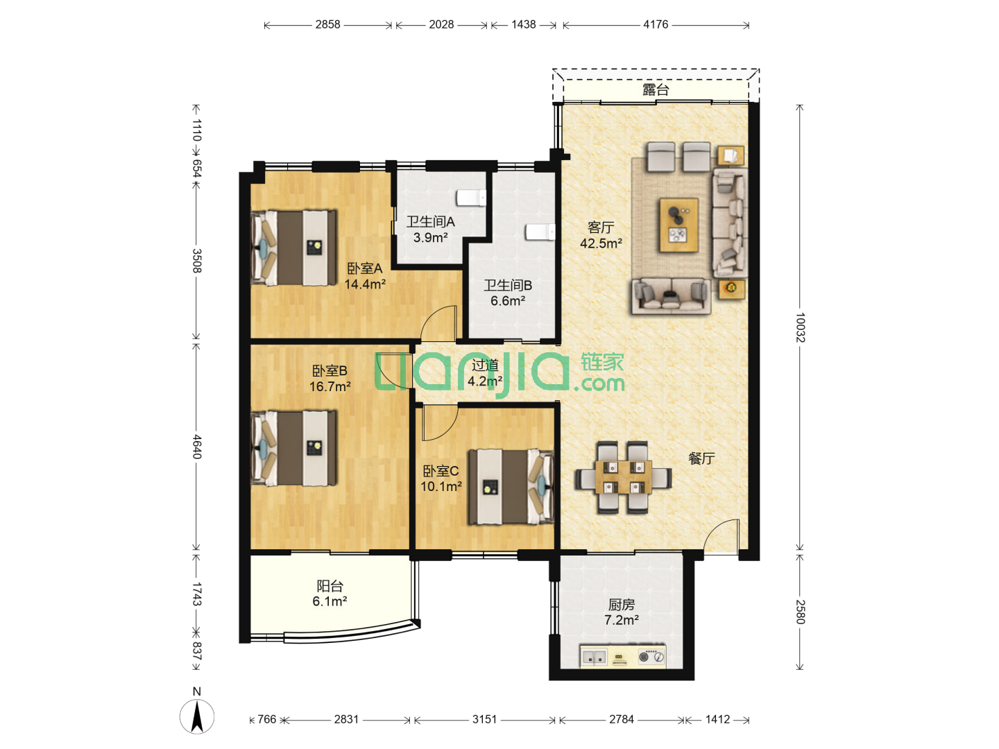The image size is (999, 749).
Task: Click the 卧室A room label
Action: tap(364, 268)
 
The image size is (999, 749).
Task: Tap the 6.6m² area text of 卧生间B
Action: tap(507, 300)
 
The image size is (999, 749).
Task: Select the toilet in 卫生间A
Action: tap(471, 198)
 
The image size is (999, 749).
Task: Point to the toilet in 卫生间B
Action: tap(540, 232)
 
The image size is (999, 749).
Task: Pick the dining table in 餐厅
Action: tap(623, 478)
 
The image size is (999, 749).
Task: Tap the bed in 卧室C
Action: tap(511, 487)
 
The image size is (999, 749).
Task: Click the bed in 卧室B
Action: tap(294, 448)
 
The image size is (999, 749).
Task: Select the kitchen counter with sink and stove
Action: tap(622, 656)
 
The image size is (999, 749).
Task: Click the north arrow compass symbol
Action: tap(196, 716)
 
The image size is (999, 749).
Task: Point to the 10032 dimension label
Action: tap(800, 327)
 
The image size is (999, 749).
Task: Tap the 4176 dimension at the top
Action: tap(656, 24)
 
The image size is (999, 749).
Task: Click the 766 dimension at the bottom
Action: tap(266, 719)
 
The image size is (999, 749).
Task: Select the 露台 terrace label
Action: tap(656, 89)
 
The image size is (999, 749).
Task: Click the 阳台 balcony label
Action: tap(330, 586)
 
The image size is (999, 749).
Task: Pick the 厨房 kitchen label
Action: tap(621, 604)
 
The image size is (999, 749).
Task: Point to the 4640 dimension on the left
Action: tap(196, 447)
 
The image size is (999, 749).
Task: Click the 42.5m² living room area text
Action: tap(601, 243)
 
